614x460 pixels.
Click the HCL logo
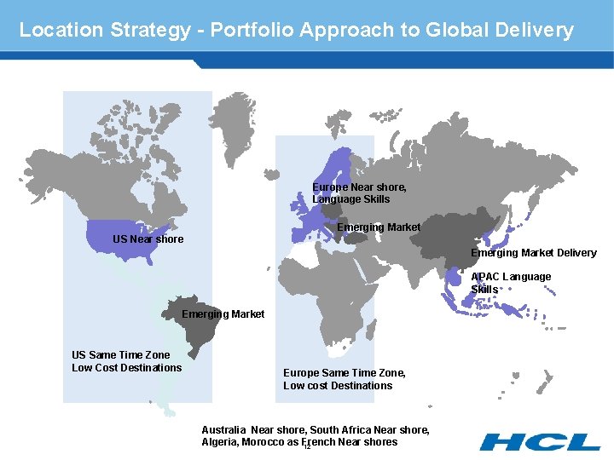tap(539, 441)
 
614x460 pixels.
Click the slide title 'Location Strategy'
tap(102, 30)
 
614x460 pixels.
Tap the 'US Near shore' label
tap(148, 239)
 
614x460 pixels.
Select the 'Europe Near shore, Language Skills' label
tap(358, 193)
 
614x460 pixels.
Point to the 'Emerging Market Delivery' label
tap(533, 253)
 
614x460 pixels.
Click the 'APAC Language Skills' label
tap(510, 283)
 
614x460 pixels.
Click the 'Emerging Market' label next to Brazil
tap(223, 314)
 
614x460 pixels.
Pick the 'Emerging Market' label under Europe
tap(378, 227)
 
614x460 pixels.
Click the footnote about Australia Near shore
tap(315, 436)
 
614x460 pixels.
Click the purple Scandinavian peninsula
tap(339, 165)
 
